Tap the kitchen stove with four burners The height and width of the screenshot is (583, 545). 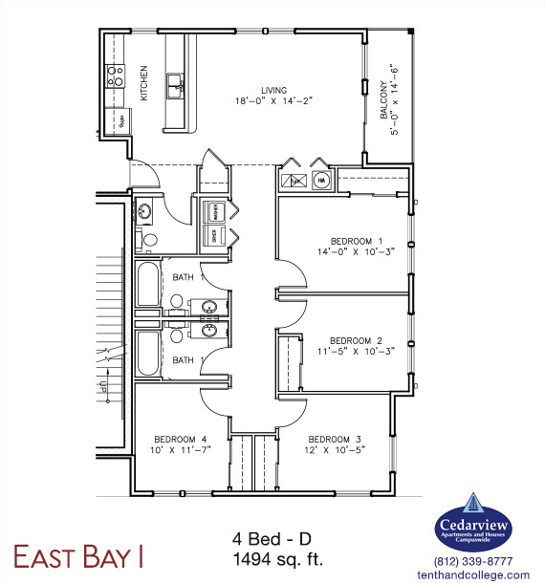coord(115,76)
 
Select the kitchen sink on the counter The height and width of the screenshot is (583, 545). coord(176,88)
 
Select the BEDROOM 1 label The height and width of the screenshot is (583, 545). coord(357,240)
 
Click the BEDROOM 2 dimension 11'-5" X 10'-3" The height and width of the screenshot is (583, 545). coord(356,350)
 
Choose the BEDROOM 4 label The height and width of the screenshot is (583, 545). coord(180,439)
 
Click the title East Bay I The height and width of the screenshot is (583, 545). coord(78,554)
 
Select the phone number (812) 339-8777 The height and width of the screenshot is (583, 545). coord(473,561)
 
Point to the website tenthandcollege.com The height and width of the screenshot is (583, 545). coord(473,574)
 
